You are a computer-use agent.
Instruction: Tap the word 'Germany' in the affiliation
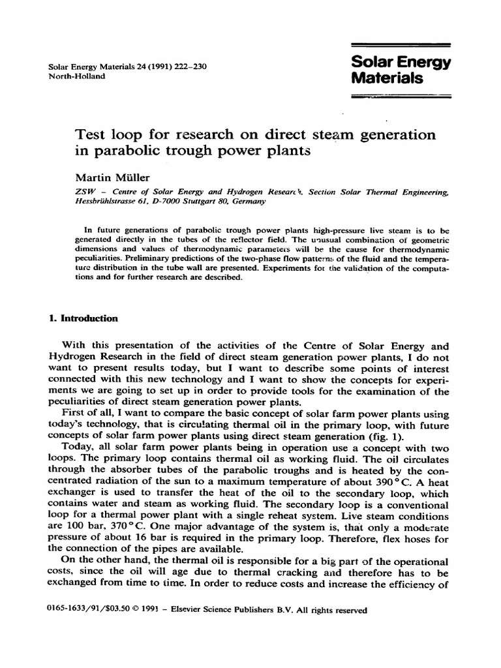pyautogui.click(x=248, y=202)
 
